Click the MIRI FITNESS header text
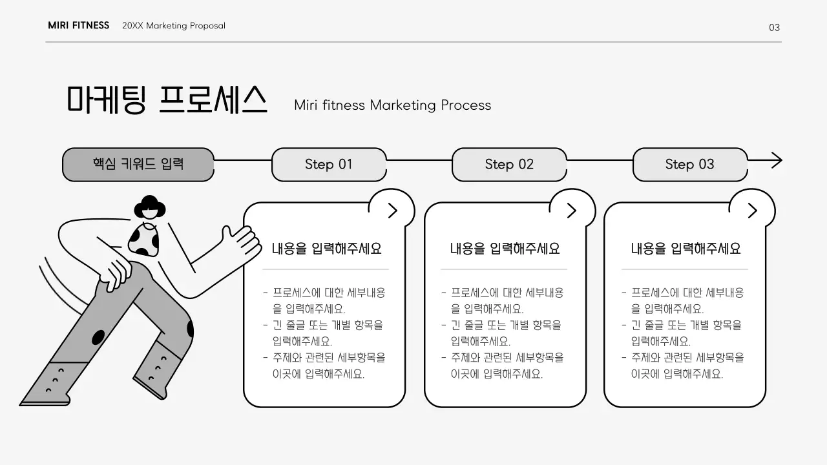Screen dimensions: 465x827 tap(78, 26)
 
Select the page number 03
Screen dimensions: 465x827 tap(774, 27)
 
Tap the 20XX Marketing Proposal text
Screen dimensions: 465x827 tap(174, 26)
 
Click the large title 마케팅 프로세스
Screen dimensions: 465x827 tap(167, 100)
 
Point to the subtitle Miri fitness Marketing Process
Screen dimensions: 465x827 tap(392, 105)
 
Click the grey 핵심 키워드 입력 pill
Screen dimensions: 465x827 tap(138, 164)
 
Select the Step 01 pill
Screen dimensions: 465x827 tap(329, 165)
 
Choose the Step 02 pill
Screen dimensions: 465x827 tap(509, 165)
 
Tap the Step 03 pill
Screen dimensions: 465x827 tap(689, 165)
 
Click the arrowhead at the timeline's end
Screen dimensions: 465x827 tap(776, 160)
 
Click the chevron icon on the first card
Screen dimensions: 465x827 tap(392, 210)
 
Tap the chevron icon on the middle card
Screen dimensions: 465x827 tap(571, 210)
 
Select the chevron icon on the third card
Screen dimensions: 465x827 tap(752, 210)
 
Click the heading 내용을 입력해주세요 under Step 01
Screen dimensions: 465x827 tap(326, 249)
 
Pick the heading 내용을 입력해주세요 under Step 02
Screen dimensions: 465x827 tap(505, 249)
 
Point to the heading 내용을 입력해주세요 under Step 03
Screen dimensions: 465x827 tap(686, 249)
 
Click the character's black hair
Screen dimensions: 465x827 tap(150, 205)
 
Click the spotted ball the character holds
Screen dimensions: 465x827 tap(143, 240)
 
